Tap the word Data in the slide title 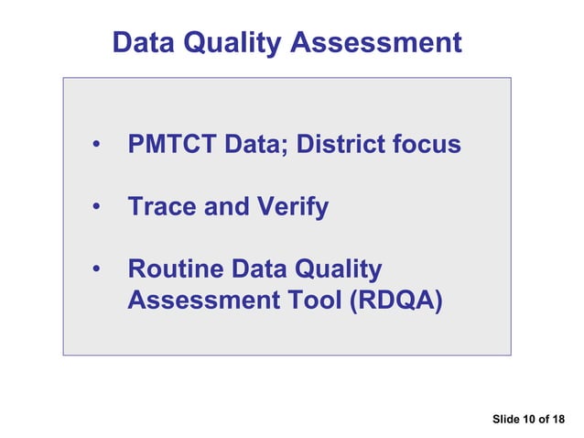coord(143,42)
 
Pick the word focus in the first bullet coord(428,145)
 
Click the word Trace coord(162,207)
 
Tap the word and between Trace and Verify coord(226,207)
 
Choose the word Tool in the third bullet coord(308,300)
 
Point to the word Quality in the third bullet coord(337,270)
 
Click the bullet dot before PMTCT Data coord(95,147)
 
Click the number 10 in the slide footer coord(529,420)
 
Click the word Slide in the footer coord(505,420)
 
